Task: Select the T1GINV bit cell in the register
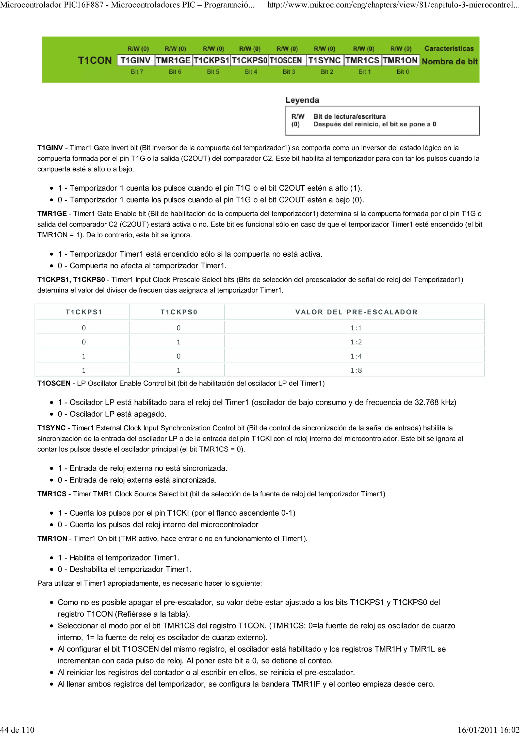pos(136,60)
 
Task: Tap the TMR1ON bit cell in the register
pos(400,60)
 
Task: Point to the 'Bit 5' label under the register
pos(213,72)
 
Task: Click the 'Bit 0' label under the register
pos(403,72)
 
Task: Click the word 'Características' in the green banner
pos(449,49)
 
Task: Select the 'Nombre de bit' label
pos(449,61)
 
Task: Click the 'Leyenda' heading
pos(302,100)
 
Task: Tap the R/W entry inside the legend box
pos(298,116)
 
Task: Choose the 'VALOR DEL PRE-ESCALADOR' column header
pos(356,312)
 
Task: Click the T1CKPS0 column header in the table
pos(179,312)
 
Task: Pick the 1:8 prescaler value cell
pos(356,370)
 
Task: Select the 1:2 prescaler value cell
pos(356,342)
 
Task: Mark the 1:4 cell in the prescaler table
pos(356,356)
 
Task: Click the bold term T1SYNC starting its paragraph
pos(51,428)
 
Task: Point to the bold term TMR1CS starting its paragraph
pos(52,494)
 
